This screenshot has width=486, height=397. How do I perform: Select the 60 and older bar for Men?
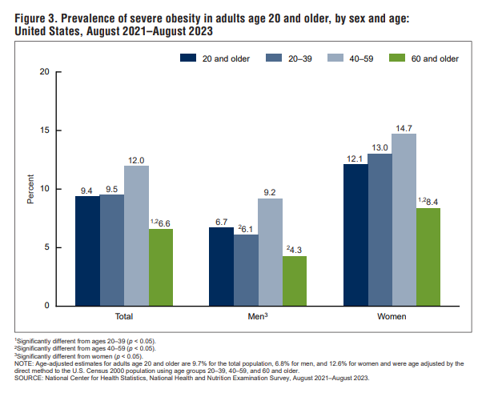pos(294,280)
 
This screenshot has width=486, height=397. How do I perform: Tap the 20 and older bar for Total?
pos(88,251)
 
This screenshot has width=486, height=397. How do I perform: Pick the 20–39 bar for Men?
pos(246,270)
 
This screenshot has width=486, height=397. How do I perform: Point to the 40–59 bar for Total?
pos(136,235)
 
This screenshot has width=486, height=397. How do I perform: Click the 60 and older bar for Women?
pos(428,256)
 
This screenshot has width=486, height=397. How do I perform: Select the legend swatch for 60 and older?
pos(397,58)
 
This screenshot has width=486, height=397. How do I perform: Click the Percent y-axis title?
pos(30,189)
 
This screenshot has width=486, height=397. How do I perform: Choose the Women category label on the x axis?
pos(392,318)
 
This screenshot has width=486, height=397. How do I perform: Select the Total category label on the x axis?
pos(124,318)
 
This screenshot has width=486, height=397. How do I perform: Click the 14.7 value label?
pos(404,127)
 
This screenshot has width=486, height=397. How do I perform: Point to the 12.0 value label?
pos(136,158)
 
